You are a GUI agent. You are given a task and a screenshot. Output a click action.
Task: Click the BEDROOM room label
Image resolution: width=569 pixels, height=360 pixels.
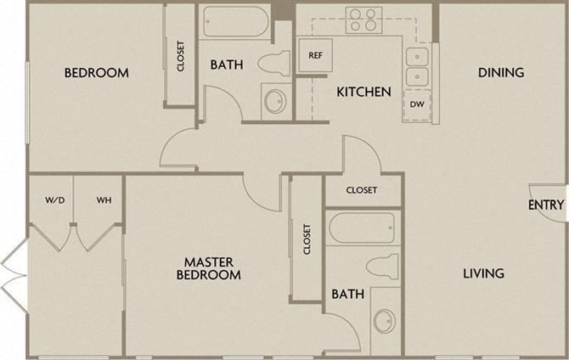coord(97,72)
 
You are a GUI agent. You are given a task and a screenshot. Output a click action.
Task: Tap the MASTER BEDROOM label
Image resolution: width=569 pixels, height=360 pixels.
coord(209,268)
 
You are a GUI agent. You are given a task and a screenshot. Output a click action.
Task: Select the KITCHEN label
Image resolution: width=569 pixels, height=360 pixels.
coord(364,92)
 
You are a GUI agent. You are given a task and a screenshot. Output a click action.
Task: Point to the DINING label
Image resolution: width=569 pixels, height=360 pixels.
coord(501,72)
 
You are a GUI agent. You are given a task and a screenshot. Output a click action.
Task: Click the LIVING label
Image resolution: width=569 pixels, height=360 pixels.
coord(484,273)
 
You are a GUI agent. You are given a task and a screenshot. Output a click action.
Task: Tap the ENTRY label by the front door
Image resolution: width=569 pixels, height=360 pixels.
coord(546,205)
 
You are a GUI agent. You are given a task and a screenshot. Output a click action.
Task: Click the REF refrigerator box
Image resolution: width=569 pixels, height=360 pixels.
coord(315,55)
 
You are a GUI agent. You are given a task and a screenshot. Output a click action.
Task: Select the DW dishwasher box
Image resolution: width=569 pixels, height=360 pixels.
coord(417,105)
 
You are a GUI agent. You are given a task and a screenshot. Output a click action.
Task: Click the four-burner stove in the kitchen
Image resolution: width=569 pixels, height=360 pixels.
coord(363,20)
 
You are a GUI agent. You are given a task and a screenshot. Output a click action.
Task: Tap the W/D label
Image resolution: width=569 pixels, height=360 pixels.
coord(55,200)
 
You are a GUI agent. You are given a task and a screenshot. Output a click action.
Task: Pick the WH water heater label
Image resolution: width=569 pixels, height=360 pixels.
coord(104,200)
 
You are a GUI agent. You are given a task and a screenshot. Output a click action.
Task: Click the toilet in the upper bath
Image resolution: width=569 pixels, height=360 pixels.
coord(274,63)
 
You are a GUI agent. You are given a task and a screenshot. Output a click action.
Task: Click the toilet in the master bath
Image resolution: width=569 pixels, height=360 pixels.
coord(382,267)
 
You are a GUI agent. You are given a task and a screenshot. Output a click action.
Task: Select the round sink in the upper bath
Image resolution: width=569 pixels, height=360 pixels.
coord(275,100)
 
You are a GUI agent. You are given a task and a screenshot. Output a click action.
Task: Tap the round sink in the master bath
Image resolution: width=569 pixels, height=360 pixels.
coord(385,321)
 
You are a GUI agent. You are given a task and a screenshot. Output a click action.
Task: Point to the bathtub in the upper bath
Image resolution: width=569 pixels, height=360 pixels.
coord(236,21)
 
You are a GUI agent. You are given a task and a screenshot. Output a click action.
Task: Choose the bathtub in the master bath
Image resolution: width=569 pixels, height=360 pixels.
coord(362,228)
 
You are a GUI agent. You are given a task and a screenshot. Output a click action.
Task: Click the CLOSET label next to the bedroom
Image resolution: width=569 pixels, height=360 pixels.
coord(181,56)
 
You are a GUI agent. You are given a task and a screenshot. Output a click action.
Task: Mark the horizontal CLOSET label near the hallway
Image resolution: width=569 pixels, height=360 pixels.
coord(362,190)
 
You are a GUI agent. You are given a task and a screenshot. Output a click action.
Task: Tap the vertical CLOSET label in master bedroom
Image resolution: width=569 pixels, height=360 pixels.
coord(307,239)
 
